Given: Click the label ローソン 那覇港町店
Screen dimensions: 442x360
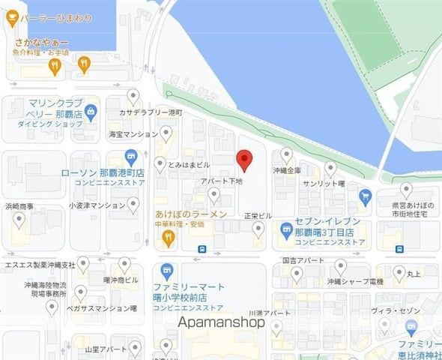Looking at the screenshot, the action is click(103, 172).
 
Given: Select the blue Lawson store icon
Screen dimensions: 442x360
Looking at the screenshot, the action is click(131, 157).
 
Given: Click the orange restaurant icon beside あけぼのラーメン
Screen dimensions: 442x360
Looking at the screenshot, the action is click(169, 238).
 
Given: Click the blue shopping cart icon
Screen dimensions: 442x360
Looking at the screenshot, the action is click(365, 196).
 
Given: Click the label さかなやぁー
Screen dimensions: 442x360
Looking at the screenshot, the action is click(41, 42).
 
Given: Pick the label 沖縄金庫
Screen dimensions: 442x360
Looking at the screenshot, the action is click(287, 170).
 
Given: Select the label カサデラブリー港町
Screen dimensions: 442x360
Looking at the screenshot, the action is click(151, 112).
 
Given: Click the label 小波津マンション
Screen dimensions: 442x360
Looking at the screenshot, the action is click(97, 205).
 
